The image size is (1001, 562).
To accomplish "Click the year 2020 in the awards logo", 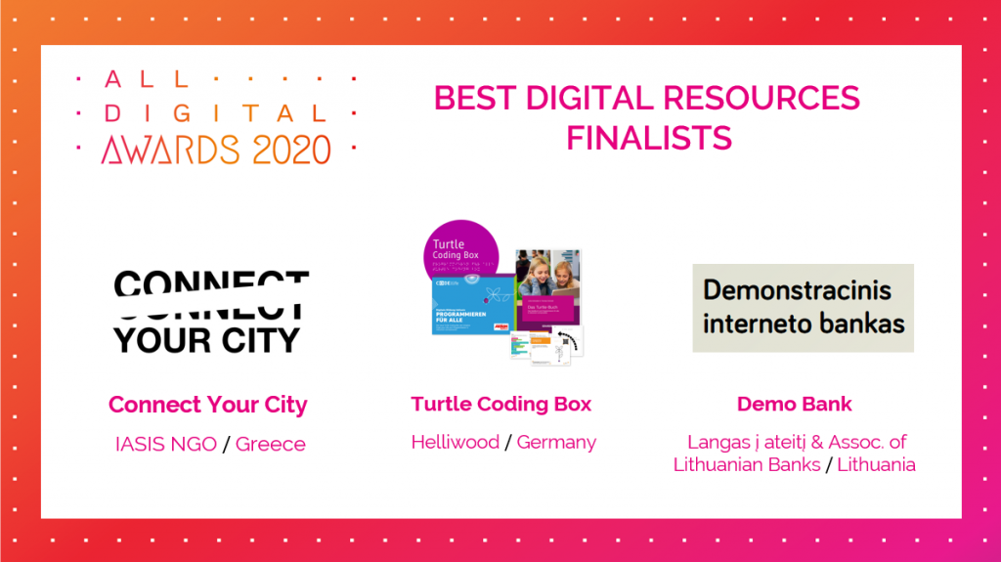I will tap(288, 149).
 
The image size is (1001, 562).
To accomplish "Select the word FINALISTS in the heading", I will tap(649, 138).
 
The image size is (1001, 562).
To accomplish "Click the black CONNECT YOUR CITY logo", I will tap(208, 312).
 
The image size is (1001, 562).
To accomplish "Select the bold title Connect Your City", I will tap(208, 405).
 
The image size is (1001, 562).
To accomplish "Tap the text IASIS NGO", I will tap(165, 444).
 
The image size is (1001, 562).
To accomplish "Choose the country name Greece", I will tap(271, 444).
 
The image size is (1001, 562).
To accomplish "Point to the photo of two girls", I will tap(548, 273).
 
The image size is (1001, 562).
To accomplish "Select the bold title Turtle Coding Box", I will tap(501, 404).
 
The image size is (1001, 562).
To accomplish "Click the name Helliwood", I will tap(456, 442).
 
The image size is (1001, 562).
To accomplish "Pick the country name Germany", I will tap(556, 442).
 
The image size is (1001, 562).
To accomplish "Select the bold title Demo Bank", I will tap(795, 404).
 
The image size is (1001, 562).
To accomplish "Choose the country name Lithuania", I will tap(876, 464).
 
